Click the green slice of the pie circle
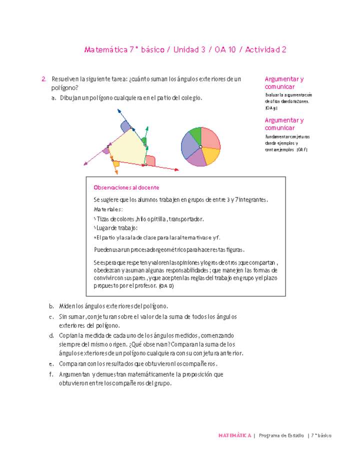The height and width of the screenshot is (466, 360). (194, 135)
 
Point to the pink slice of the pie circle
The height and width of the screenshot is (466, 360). (210, 138)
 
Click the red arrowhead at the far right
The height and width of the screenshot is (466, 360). (176, 170)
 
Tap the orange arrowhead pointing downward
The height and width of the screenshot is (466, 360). (116, 172)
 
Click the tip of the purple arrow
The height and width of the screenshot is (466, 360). (84, 163)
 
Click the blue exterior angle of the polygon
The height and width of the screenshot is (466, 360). (124, 125)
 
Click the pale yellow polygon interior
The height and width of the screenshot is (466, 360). (127, 147)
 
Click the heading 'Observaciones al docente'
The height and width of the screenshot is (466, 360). (126, 187)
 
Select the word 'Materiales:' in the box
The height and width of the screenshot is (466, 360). (108, 209)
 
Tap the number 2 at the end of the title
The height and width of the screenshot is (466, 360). (283, 50)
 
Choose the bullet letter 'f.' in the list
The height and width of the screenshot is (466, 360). (51, 374)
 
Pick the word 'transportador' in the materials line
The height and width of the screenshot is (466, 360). (186, 219)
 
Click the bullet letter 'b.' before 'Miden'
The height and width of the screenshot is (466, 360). (51, 306)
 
